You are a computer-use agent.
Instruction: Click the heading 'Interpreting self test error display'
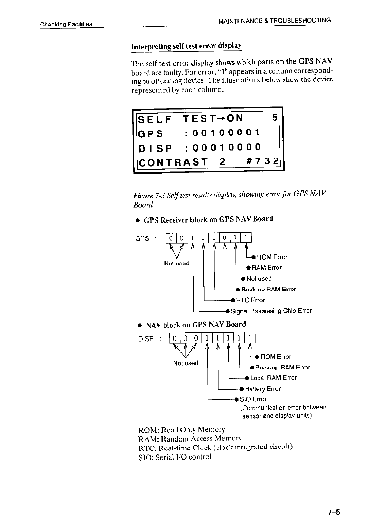(x=186, y=47)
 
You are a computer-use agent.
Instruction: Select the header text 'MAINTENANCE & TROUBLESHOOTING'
(x=274, y=21)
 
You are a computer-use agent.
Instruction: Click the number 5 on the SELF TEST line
(x=275, y=118)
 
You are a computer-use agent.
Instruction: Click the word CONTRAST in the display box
(x=172, y=162)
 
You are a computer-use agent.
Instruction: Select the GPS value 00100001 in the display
(x=222, y=133)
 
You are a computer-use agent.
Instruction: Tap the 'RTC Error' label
(x=250, y=300)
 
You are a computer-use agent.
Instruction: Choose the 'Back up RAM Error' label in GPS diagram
(x=269, y=289)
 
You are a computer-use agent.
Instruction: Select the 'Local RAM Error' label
(x=273, y=378)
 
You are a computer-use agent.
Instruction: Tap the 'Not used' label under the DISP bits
(x=186, y=363)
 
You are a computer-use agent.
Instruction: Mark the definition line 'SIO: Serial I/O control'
(x=175, y=457)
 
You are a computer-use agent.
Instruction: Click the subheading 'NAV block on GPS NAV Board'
(x=195, y=325)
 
